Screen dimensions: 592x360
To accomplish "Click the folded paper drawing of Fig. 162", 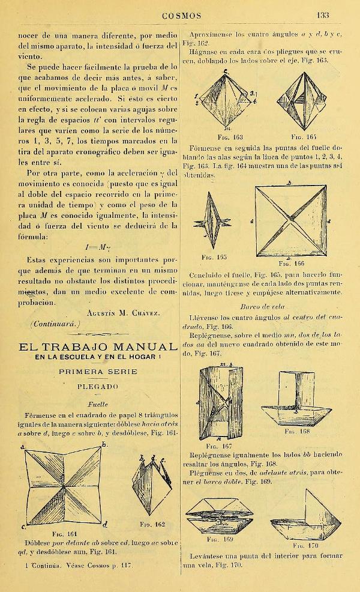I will pos(147,480).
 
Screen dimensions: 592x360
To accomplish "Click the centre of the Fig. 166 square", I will pos(290,217).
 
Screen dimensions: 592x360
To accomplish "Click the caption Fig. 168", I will pos(298,431).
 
